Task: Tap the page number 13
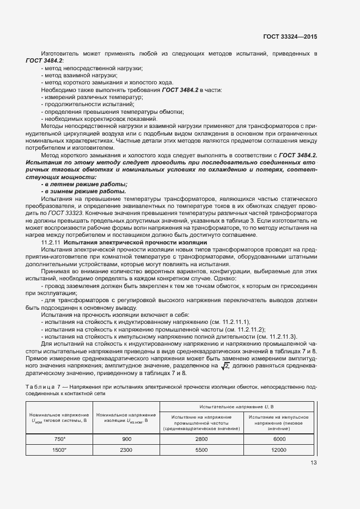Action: point(313,463)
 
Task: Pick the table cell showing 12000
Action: point(278,450)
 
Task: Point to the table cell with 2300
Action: point(126,450)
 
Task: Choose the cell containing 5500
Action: point(202,450)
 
